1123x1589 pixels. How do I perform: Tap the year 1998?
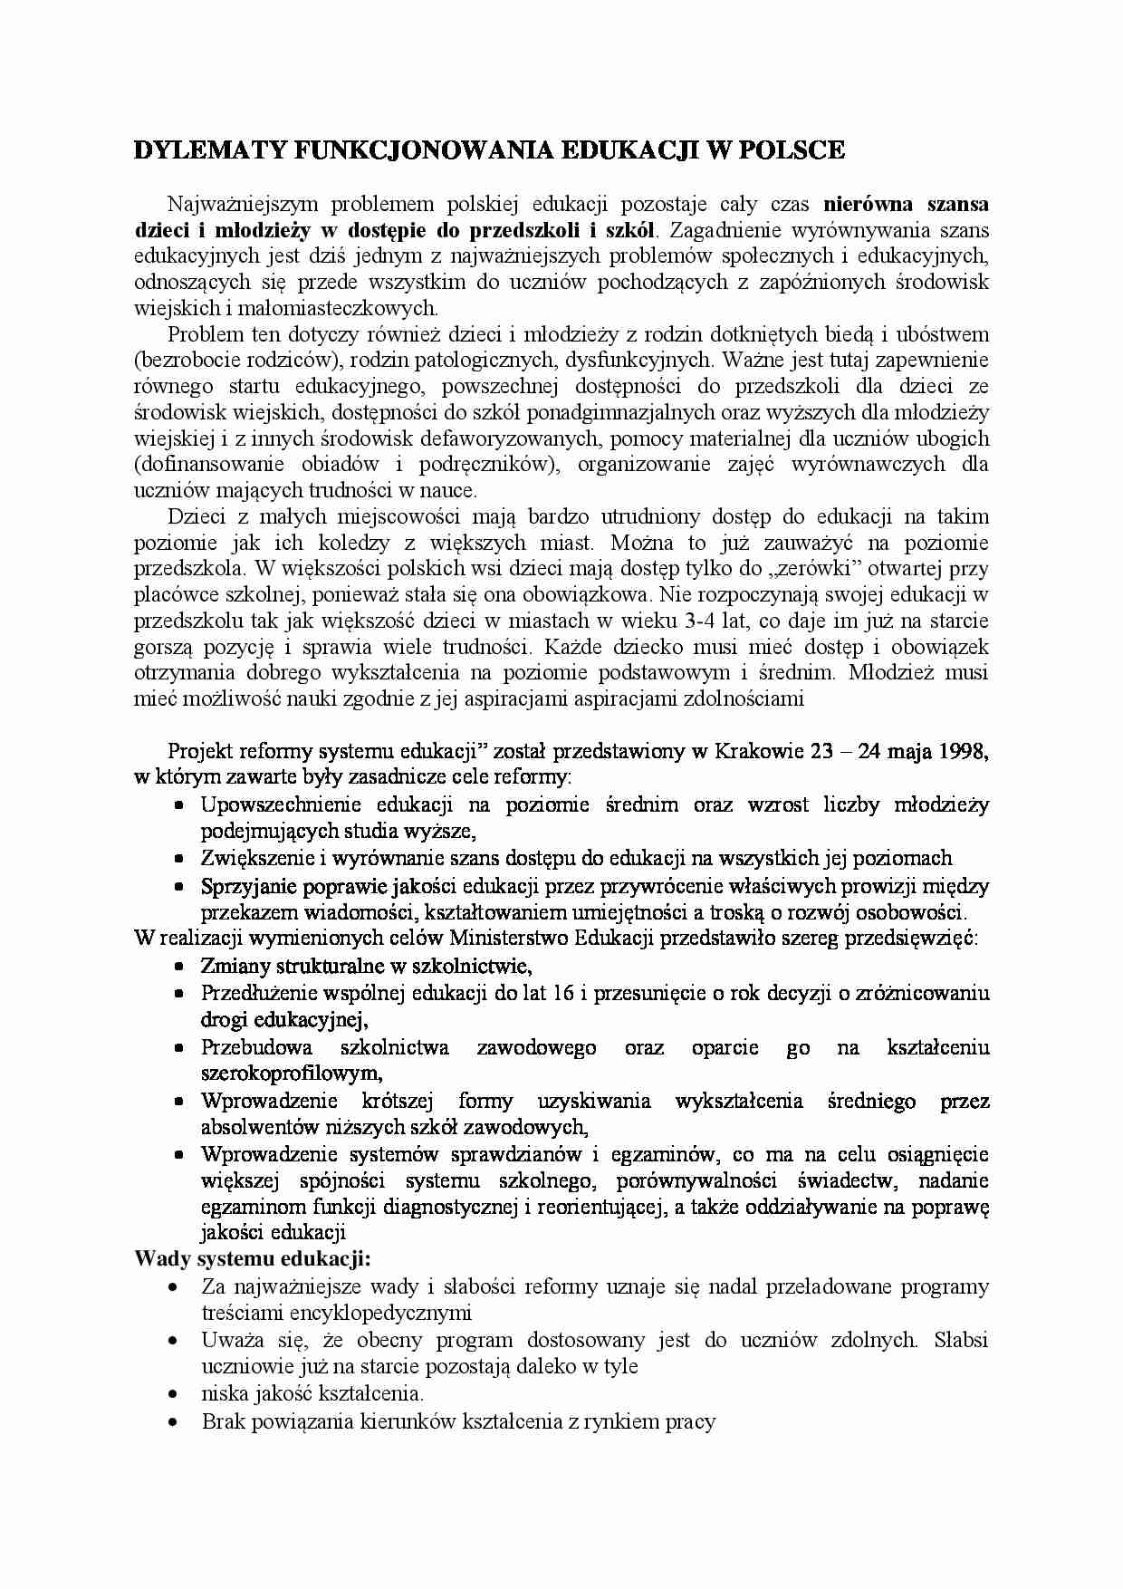click(x=963, y=751)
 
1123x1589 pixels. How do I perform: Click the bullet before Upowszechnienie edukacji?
click(x=180, y=805)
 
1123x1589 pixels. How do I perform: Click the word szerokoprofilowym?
click(x=290, y=1074)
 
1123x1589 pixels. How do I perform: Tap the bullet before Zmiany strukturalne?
click(x=180, y=967)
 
